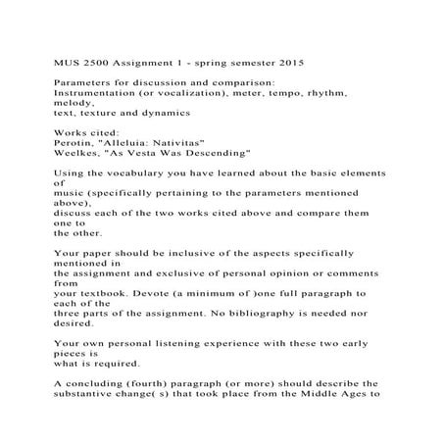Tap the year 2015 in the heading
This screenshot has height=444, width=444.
290,60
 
